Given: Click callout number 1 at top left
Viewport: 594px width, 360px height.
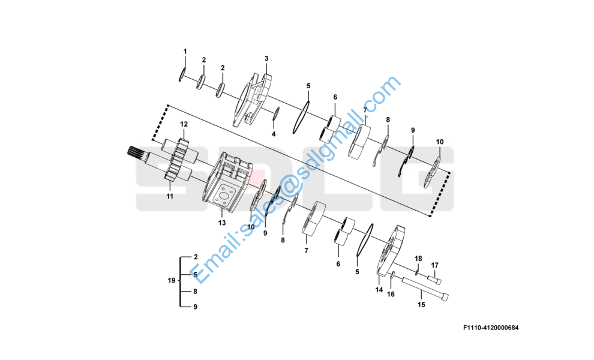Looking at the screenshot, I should [x=185, y=52].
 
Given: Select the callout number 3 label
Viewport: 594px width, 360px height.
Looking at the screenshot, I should [x=266, y=59].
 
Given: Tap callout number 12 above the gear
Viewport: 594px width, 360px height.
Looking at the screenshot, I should [x=184, y=124].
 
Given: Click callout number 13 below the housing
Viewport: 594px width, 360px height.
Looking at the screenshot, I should [x=222, y=223].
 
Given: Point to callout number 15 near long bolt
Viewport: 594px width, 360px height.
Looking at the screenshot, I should [x=421, y=305].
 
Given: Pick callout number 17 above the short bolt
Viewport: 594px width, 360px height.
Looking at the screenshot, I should [x=435, y=265].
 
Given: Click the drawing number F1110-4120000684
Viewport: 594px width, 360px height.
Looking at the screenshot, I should [x=491, y=328].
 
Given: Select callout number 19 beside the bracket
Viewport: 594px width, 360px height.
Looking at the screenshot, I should [x=170, y=281].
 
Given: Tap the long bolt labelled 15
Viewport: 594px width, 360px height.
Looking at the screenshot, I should [x=426, y=290].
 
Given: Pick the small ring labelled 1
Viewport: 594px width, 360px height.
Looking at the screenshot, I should [x=180, y=75].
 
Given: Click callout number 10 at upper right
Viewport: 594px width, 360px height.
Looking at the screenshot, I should [x=440, y=142].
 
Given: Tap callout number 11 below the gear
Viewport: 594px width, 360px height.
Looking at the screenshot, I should [x=170, y=196].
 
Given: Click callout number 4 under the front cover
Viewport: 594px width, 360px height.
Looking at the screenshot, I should [x=273, y=134].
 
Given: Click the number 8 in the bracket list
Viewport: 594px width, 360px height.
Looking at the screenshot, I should [x=195, y=291].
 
